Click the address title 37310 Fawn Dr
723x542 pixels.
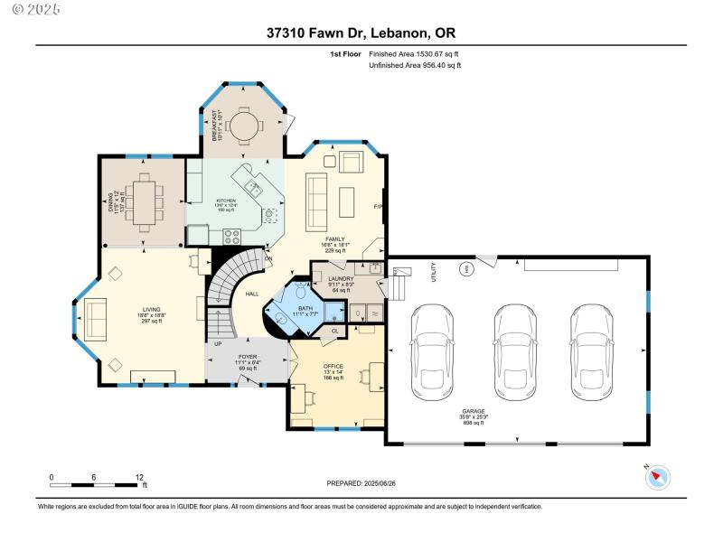361,33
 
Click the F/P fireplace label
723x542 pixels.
379,209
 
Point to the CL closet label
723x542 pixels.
334,331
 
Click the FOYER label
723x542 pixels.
247,358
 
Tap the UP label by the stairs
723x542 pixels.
218,344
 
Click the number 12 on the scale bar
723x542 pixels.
140,477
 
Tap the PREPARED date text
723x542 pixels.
361,484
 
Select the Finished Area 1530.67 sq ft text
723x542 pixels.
420,54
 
